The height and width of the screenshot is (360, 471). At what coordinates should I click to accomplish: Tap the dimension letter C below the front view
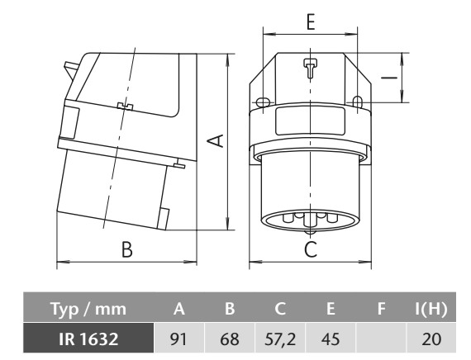[x=309, y=249]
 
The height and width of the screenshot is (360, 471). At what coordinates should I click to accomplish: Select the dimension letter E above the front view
[x=309, y=22]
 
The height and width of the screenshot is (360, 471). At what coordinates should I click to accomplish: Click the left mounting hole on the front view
[x=260, y=103]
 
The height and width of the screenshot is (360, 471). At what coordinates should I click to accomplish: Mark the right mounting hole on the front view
[x=358, y=102]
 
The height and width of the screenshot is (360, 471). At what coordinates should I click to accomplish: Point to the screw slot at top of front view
[x=309, y=69]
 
